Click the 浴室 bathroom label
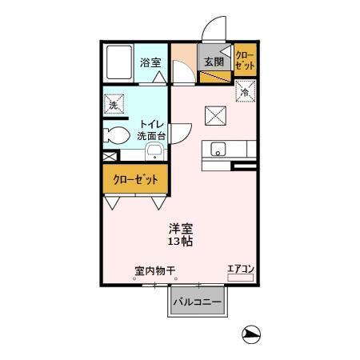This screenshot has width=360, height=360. [150, 62]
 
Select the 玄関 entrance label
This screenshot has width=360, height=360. [212, 62]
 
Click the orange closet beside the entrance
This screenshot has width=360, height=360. [244, 62]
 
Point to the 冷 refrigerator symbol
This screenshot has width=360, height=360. [244, 93]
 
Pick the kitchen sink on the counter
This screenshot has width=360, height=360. [218, 150]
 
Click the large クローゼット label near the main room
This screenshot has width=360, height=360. [134, 179]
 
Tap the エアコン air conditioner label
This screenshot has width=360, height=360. [239, 270]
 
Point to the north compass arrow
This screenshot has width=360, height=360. [251, 334]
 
